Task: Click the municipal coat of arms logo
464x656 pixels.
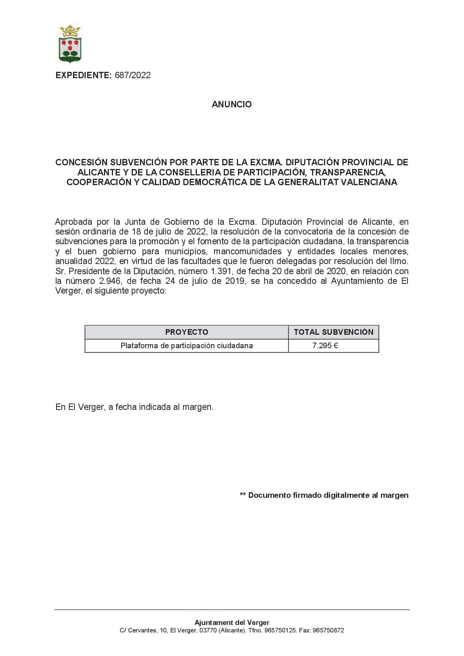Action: (x=70, y=43)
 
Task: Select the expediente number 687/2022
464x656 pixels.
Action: (x=132, y=75)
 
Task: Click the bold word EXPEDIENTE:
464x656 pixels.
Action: (x=83, y=75)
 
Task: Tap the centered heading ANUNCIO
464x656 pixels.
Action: (x=232, y=104)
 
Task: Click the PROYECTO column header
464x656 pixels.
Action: (x=186, y=332)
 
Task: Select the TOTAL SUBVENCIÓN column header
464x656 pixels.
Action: (x=333, y=332)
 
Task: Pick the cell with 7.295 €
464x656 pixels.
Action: (x=325, y=346)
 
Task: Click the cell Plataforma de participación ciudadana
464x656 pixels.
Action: (x=186, y=346)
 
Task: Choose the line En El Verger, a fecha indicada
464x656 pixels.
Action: (x=134, y=407)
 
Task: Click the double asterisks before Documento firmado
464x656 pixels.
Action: (x=243, y=495)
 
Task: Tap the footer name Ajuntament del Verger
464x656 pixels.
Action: (x=232, y=623)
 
